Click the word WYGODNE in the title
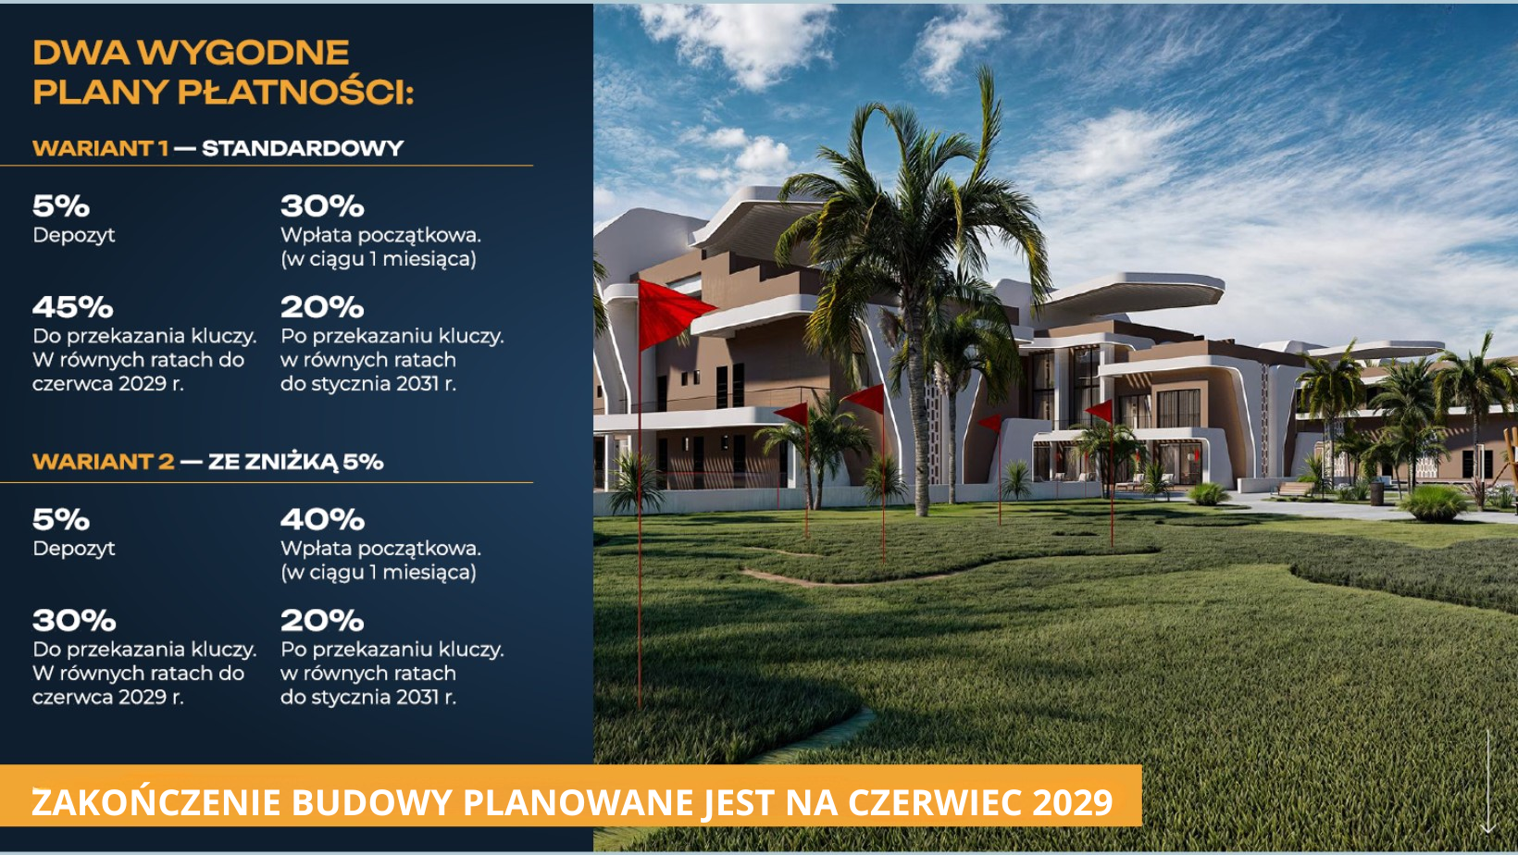[246, 53]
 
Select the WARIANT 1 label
[100, 148]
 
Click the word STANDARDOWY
[303, 148]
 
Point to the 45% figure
[72, 307]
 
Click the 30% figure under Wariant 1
[322, 206]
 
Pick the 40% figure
[322, 520]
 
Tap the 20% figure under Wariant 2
[322, 620]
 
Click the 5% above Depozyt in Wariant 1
[61, 206]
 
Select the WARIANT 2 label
[104, 462]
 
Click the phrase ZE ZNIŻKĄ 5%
[296, 462]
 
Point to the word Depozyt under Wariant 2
[74, 549]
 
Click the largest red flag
[675, 314]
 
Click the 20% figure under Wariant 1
[322, 307]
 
